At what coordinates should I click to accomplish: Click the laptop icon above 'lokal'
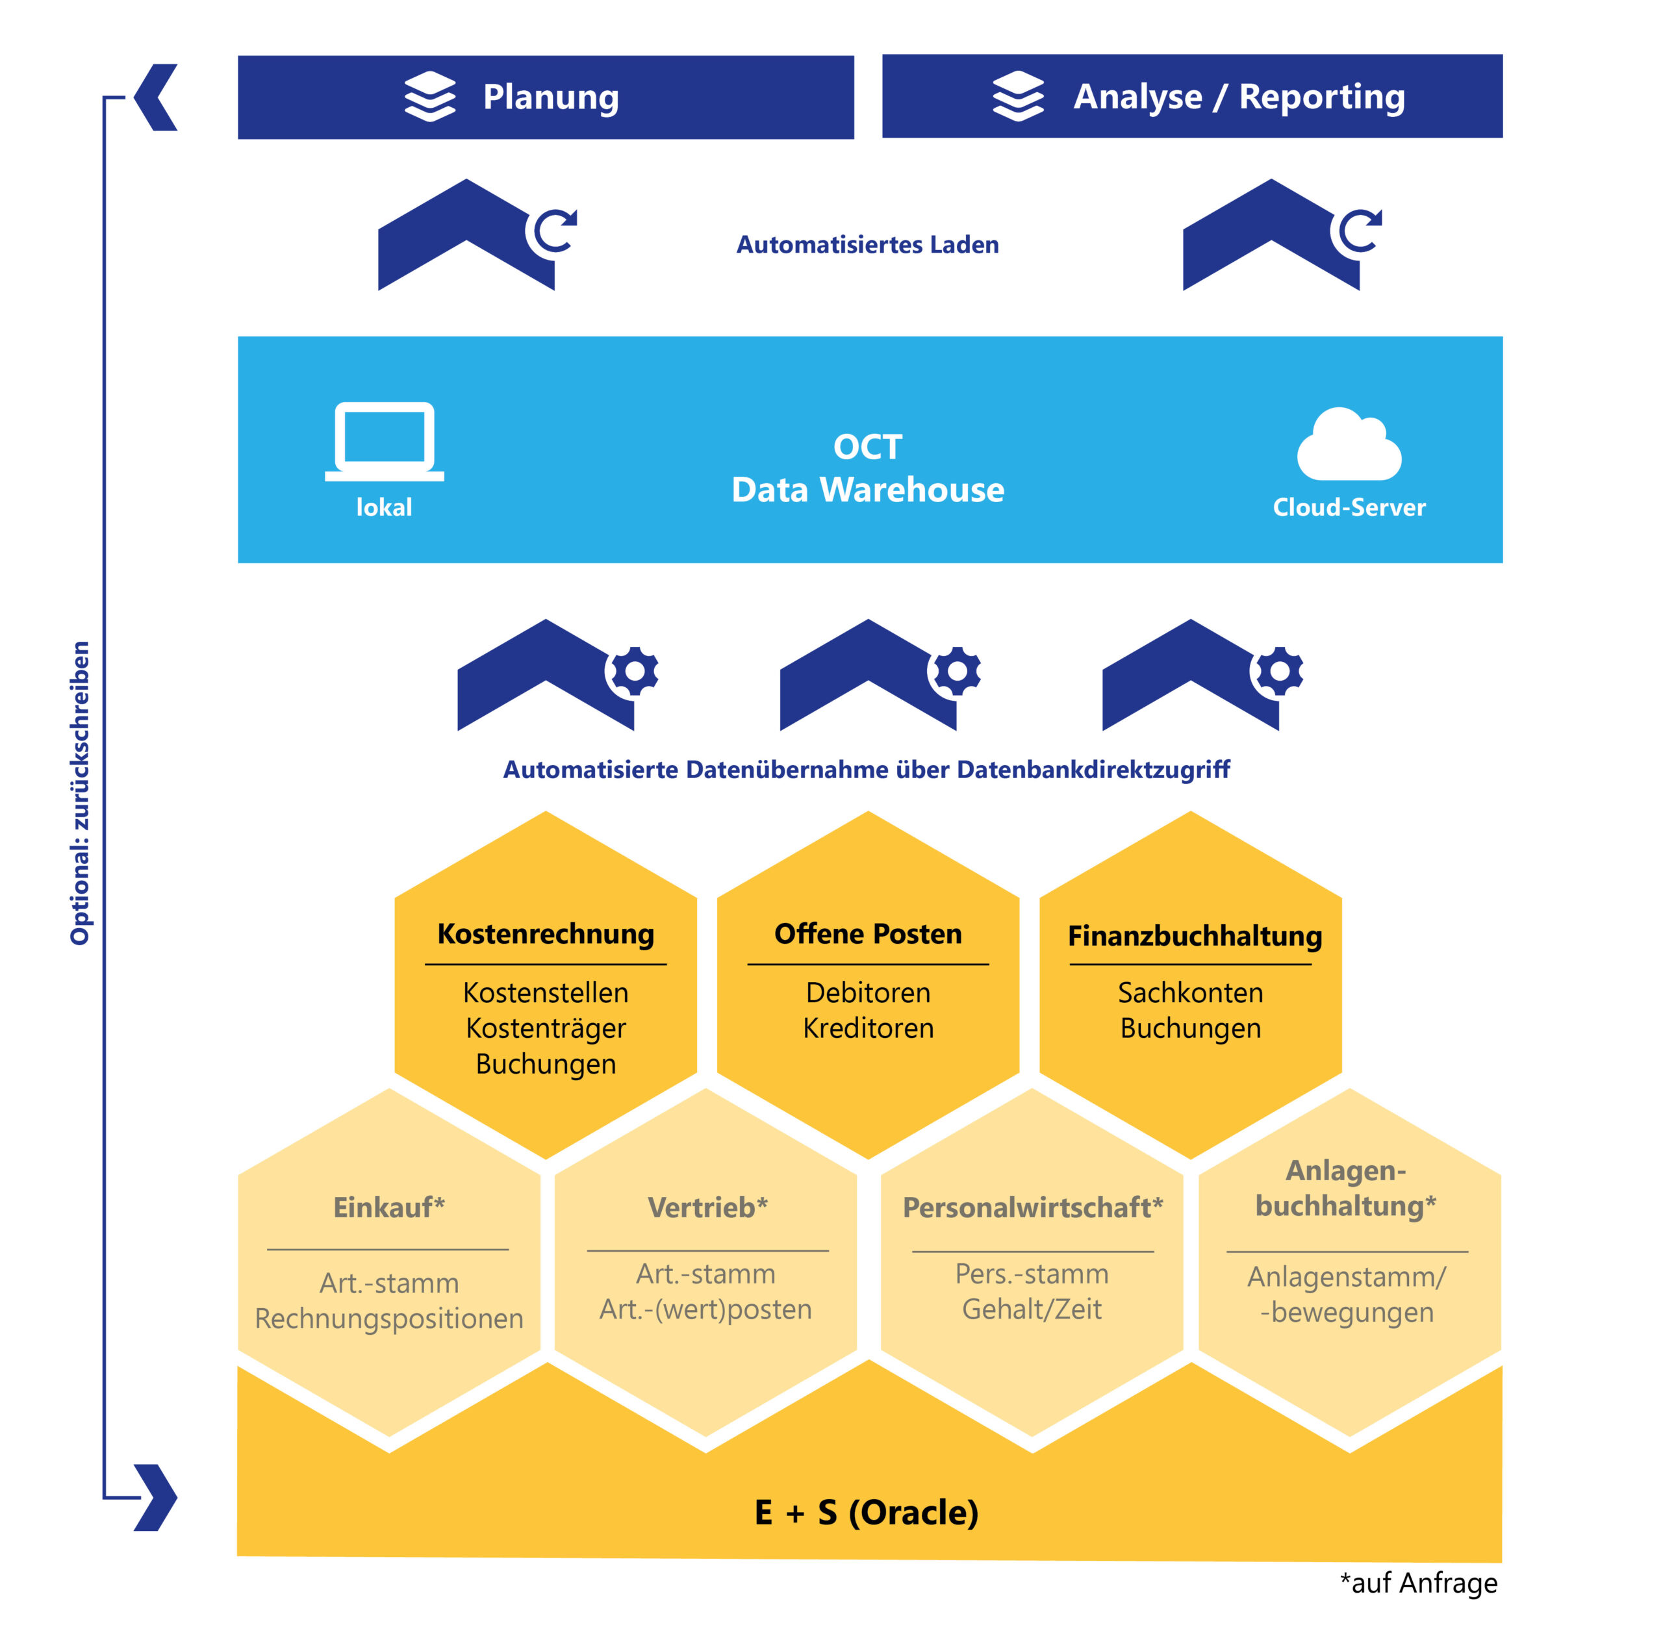[384, 440]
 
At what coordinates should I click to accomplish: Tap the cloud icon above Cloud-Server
[1349, 445]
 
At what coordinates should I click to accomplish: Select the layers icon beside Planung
[429, 96]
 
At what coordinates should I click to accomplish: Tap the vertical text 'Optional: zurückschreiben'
[79, 792]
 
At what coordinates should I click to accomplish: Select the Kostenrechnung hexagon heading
[546, 934]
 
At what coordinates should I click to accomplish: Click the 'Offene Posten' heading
[868, 934]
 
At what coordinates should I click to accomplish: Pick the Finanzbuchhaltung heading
[1194, 935]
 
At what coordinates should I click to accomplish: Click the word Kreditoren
[868, 1028]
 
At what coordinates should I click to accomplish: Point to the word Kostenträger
[546, 1028]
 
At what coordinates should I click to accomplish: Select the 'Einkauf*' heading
[389, 1207]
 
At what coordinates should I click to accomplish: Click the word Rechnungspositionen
[389, 1319]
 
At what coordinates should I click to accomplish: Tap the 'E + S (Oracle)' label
[866, 1512]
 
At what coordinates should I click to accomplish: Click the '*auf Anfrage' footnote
[1419, 1583]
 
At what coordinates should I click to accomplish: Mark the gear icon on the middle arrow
[956, 670]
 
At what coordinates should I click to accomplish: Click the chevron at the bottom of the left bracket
[156, 1497]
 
